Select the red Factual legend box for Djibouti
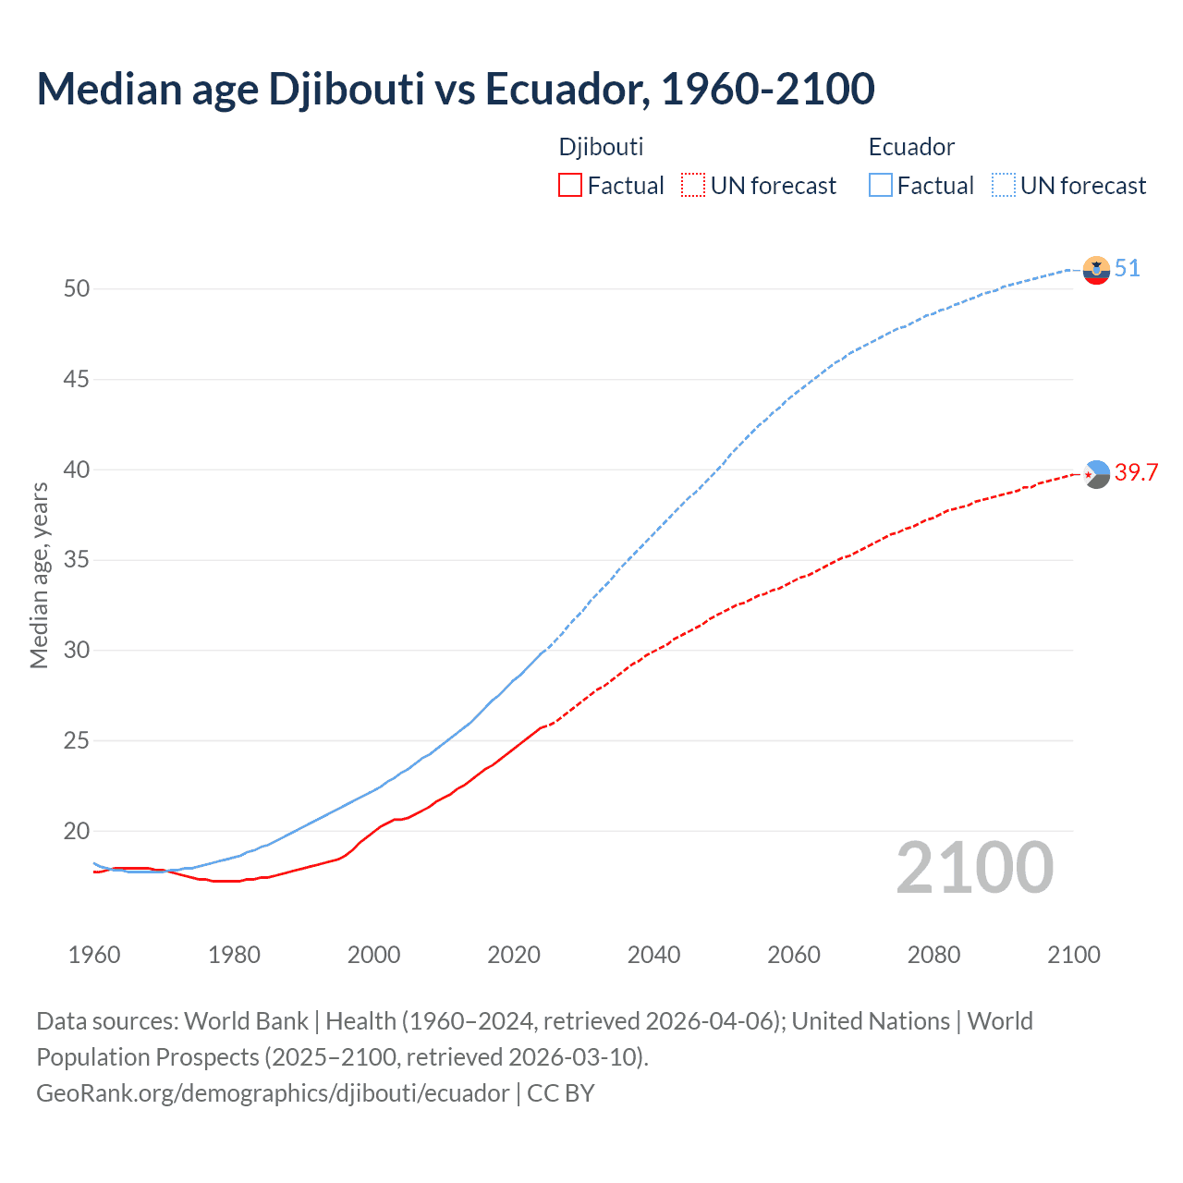569,185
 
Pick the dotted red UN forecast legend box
692,185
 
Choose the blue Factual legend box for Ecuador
880,185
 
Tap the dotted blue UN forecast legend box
1003,185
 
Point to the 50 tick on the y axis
77,288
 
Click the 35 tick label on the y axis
77,560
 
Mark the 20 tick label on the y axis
77,831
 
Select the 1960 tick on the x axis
94,955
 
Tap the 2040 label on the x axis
653,955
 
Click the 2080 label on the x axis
933,955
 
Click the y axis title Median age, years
39,575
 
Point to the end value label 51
1127,269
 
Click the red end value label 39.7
1136,473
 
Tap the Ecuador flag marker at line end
1096,270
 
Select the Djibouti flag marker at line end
1096,474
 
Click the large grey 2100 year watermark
974,868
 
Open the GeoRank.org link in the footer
273,1093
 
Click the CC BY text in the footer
561,1093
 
